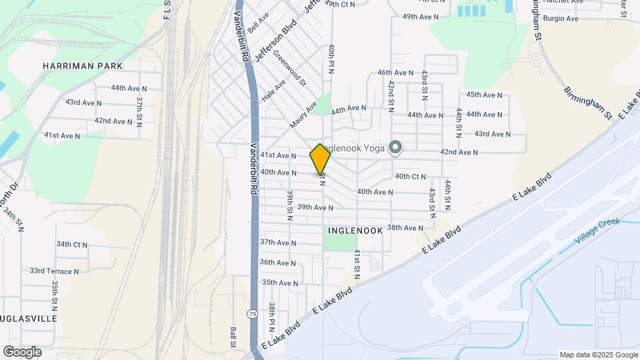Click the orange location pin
coord(321,159)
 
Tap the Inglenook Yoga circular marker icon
coord(395,148)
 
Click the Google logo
coord(22,352)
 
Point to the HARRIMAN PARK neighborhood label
coord(83,67)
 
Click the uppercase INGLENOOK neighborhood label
coord(355,230)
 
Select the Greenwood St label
coord(289,70)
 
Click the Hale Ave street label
coord(273,90)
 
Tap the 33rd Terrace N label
coord(54,271)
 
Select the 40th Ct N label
coord(410,177)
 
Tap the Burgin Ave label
coord(560,19)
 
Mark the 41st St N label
coord(357,264)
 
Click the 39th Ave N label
coord(315,207)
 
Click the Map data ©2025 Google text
coord(599,355)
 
